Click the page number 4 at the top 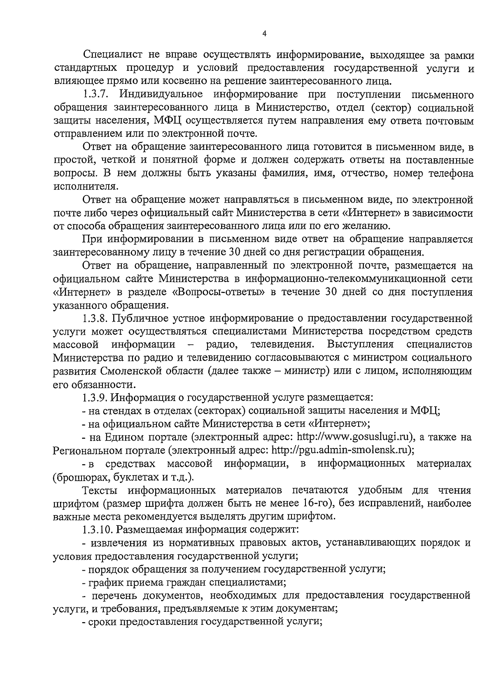pos(264,34)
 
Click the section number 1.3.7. pos(96,95)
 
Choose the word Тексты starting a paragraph pos(100,490)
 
